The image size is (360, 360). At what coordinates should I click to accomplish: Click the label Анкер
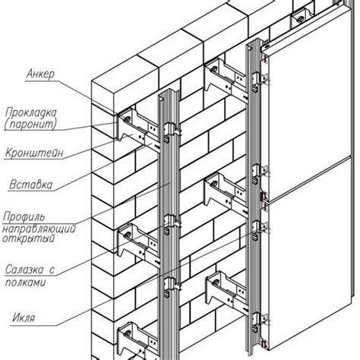tap(40, 74)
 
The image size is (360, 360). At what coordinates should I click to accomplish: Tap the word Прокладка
tap(30, 112)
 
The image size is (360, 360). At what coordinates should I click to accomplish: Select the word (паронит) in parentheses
tap(30, 124)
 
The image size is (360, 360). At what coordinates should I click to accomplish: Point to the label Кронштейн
tap(34, 153)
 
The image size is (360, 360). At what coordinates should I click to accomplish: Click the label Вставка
tap(31, 185)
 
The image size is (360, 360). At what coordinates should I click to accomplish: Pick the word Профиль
tap(24, 217)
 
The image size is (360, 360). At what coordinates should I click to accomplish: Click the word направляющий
tap(39, 229)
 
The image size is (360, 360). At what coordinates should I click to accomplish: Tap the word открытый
tap(29, 238)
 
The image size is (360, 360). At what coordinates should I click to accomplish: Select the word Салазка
tap(24, 270)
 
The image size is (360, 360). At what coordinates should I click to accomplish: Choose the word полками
tap(26, 283)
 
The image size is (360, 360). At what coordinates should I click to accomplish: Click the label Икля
tap(24, 317)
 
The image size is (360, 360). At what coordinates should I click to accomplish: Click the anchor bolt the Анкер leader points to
tap(127, 118)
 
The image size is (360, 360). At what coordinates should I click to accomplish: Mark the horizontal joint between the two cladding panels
tap(310, 179)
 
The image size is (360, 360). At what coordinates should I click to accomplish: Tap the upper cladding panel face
tap(310, 106)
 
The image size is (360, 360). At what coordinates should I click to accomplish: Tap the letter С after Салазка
tap(52, 270)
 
